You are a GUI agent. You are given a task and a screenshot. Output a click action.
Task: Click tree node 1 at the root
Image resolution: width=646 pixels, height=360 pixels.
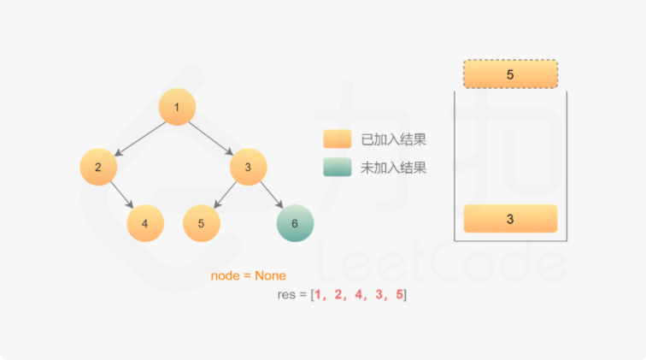pos(177,107)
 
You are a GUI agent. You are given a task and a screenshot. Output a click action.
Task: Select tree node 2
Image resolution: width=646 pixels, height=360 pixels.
pos(99,167)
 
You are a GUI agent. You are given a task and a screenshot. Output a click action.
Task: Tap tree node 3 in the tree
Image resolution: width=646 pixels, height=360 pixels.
pos(248,167)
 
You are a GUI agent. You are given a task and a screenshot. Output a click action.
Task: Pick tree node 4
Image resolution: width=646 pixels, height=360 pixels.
pos(145,223)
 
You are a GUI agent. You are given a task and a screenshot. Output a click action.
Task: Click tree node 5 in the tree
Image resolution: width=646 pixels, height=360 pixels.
pos(202,223)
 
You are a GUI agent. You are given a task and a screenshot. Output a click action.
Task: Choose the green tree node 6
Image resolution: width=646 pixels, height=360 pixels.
pos(295,223)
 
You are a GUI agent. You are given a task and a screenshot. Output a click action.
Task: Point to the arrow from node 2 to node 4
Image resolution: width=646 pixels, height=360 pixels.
pos(122,195)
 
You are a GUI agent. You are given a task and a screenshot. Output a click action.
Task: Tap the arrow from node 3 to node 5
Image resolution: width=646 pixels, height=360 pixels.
pos(225,195)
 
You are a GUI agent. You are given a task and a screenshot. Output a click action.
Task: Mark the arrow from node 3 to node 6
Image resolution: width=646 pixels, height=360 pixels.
pos(272,195)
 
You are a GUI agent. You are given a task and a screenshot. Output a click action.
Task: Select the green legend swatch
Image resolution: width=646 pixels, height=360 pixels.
pos(337,168)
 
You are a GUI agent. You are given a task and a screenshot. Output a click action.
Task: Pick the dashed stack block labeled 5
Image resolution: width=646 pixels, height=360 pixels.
pos(510,74)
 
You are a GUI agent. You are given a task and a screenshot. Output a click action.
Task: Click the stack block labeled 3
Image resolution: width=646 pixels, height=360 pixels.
pos(510,219)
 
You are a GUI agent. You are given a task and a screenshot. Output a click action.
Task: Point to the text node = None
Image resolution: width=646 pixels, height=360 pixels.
pos(248,276)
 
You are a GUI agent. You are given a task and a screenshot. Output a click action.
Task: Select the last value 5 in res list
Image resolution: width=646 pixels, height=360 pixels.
pos(399,295)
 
